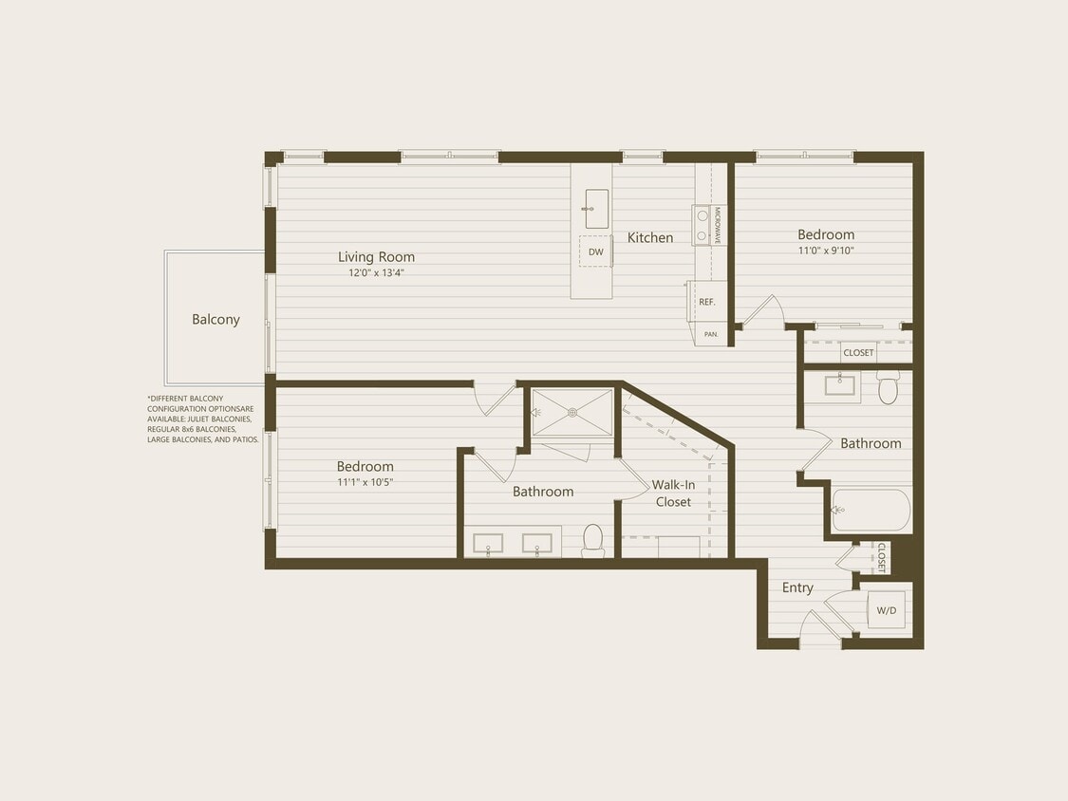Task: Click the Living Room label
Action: pos(376,256)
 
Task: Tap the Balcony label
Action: pos(215,320)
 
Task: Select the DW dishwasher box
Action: pos(595,251)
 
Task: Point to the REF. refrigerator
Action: pos(706,302)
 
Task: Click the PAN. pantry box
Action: pos(710,334)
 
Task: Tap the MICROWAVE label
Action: pos(718,226)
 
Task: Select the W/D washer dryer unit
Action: pos(886,610)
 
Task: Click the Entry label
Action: pos(797,587)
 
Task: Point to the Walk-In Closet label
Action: pos(673,493)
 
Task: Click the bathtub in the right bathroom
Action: pos(871,511)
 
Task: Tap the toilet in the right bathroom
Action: pos(888,388)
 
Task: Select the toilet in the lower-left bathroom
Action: pos(593,539)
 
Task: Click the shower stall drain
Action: pos(572,412)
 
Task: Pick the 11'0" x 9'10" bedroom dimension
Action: pos(825,251)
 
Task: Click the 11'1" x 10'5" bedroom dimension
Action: pos(365,481)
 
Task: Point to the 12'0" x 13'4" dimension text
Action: pos(376,272)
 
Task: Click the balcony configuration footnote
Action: pos(203,419)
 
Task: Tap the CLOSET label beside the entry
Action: pos(881,558)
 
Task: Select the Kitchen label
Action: pos(650,237)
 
